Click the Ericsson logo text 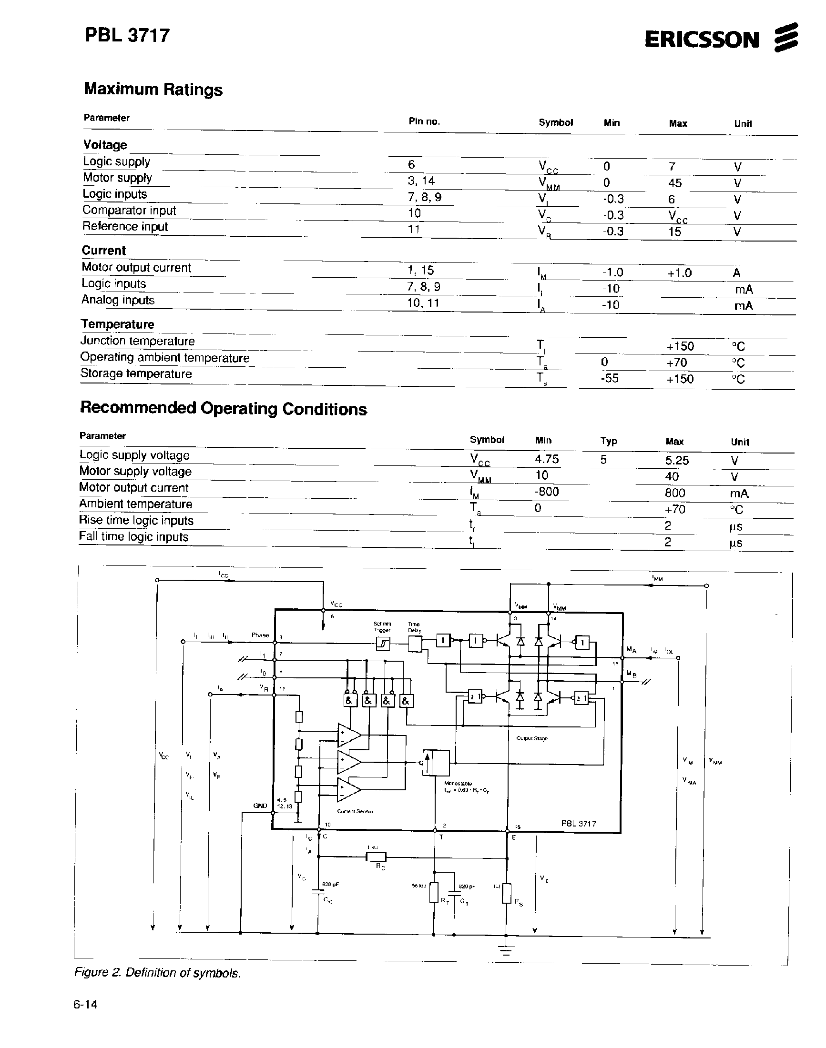702,40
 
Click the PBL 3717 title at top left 127,35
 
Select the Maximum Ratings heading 153,89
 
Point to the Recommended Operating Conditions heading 223,408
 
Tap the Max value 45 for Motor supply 674,183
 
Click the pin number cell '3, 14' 421,181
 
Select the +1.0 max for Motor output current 680,272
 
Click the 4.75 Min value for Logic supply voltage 547,459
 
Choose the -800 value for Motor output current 547,492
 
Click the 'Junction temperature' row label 137,341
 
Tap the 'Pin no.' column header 424,121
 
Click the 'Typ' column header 608,441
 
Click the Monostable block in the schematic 436,763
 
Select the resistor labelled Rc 376,857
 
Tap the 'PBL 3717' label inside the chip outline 579,823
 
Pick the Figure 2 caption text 157,973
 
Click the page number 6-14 86,1005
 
